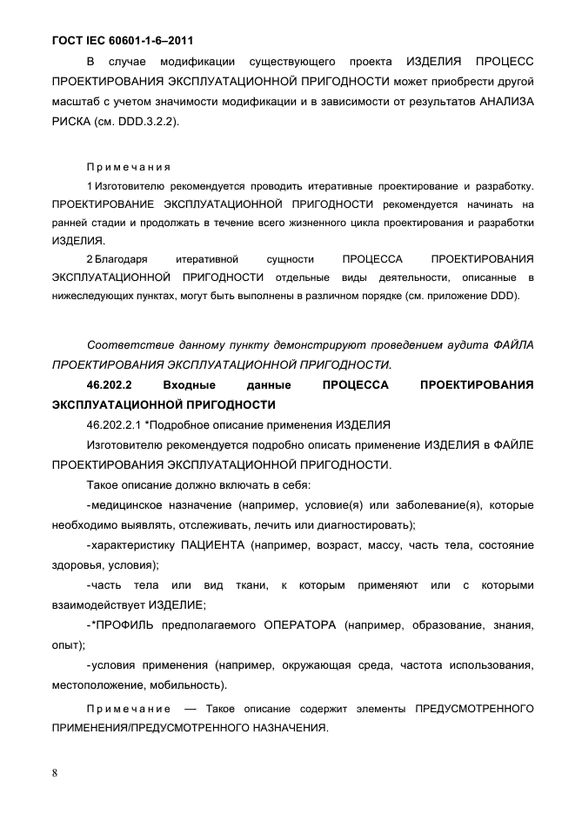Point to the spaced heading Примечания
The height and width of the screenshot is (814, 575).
click(128, 166)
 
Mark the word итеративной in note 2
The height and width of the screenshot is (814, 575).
click(207, 260)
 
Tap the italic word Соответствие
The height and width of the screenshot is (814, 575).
click(129, 344)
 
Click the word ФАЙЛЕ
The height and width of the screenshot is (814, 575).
click(511, 444)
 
